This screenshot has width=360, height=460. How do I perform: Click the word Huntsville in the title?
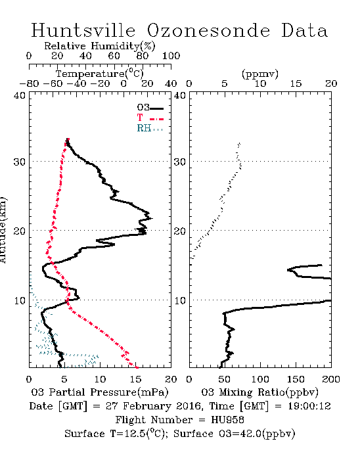coord(83,30)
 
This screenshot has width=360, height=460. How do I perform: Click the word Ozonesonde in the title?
coord(208,30)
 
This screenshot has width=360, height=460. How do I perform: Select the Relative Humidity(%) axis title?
coord(100,46)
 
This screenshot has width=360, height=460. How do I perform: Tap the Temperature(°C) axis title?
coord(100,74)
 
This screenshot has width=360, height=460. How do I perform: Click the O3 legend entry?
coord(150,108)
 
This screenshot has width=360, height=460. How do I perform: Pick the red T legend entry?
coord(150,118)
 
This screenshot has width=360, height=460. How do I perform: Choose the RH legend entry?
coord(150,128)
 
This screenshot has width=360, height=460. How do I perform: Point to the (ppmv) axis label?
coord(260,74)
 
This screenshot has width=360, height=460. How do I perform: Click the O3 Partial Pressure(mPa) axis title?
coord(100,392)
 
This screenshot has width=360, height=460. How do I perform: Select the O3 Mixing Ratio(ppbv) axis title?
coord(259,392)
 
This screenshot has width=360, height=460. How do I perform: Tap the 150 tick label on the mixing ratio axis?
coord(296,379)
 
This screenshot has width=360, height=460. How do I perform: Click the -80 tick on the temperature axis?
coord(29,83)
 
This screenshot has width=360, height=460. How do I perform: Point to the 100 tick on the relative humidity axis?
coord(171,55)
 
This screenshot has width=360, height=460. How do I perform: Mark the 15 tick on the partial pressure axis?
coord(135,379)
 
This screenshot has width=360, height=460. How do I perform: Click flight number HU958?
coord(227,420)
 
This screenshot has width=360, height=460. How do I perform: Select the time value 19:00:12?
coord(309,406)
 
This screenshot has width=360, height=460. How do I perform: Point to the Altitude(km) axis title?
coord(3,230)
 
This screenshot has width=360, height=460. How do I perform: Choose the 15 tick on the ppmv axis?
coord(296,83)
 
